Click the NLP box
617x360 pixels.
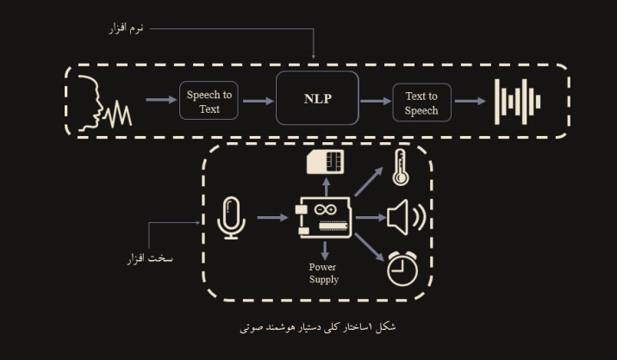click(x=317, y=99)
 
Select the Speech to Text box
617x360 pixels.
click(x=209, y=102)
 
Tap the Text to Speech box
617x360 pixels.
click(x=421, y=102)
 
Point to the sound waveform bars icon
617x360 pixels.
click(x=517, y=102)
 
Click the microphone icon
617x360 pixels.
click(x=230, y=217)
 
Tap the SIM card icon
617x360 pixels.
click(x=326, y=161)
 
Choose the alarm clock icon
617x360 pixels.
click(x=402, y=268)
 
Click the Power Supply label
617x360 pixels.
click(x=324, y=273)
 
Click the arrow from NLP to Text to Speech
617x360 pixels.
click(x=374, y=101)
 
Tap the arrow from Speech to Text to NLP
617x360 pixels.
click(x=258, y=101)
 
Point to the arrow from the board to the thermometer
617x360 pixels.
click(x=369, y=183)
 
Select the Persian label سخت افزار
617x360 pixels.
click(x=150, y=258)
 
